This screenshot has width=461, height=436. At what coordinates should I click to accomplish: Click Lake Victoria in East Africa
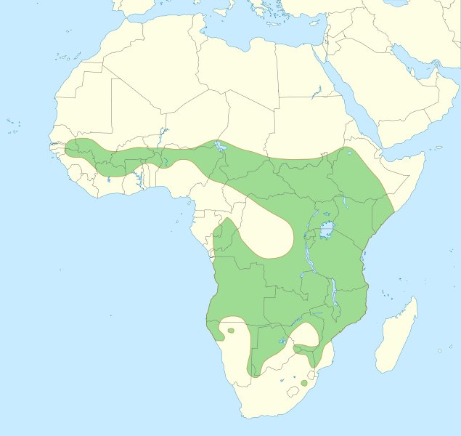tap(327, 231)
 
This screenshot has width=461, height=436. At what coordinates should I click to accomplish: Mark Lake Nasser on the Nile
tap(317, 93)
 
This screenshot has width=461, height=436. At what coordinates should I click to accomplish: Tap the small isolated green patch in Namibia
tap(231, 331)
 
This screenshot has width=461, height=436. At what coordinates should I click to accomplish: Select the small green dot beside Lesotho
tap(303, 382)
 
